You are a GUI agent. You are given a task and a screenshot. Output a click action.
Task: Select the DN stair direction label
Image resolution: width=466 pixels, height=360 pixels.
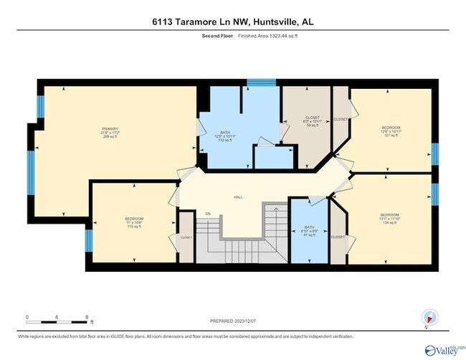(x=209, y=213)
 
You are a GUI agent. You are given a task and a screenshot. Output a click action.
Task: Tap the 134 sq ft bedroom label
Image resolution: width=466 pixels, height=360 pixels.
(x=389, y=219)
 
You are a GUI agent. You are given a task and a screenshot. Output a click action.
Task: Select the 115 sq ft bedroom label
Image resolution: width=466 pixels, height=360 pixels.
(x=134, y=222)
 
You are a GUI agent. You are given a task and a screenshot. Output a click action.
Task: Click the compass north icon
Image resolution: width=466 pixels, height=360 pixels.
(x=429, y=317)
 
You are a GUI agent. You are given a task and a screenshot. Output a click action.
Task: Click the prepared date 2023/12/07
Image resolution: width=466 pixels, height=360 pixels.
(x=247, y=322)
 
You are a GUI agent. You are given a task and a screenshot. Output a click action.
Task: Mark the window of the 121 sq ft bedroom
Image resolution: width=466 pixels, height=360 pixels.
(x=434, y=154)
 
